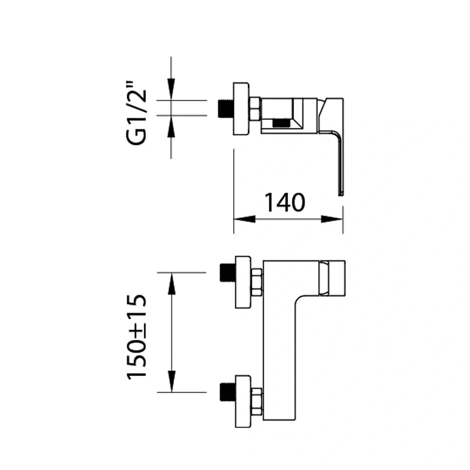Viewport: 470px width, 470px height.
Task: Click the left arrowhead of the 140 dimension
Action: (244, 219)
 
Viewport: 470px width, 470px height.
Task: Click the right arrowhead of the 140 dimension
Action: (332, 219)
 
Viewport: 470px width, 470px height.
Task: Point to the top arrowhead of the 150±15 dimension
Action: (172, 282)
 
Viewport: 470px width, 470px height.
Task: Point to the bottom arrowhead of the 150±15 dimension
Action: (172, 382)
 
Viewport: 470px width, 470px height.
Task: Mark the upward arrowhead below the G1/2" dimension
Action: (172, 125)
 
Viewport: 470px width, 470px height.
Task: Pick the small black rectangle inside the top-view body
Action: (281, 123)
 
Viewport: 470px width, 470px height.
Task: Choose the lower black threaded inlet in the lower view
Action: (227, 392)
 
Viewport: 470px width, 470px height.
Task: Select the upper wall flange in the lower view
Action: (243, 282)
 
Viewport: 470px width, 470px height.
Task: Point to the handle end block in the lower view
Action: (332, 278)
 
